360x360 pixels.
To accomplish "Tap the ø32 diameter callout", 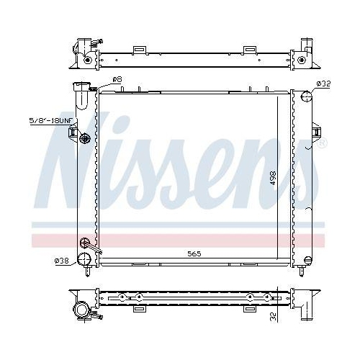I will (323, 84).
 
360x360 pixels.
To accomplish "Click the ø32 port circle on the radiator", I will (305, 97).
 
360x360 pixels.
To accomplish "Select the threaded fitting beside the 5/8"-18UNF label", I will (86, 138).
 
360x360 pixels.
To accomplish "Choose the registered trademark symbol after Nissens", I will (322, 143).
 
